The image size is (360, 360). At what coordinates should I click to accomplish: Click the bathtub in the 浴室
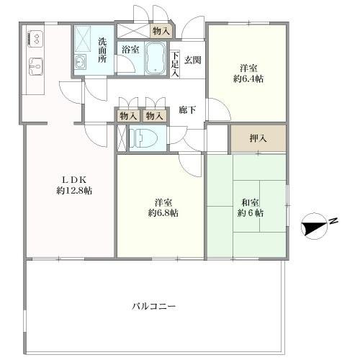[156, 58]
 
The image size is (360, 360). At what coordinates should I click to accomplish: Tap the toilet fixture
[143, 138]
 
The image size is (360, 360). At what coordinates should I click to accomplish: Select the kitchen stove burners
[35, 39]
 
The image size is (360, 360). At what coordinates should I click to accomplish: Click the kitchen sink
[36, 66]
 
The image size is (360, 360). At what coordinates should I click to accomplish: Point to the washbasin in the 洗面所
[80, 62]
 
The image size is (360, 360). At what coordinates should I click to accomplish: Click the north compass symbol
[314, 226]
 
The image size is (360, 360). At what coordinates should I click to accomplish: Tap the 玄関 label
[193, 60]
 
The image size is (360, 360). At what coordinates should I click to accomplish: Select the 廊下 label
[187, 110]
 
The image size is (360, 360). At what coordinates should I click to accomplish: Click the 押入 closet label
[258, 138]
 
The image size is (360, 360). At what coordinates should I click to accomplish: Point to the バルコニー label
[154, 307]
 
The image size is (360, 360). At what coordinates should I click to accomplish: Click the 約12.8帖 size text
[74, 191]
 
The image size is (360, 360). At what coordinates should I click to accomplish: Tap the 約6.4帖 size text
[248, 78]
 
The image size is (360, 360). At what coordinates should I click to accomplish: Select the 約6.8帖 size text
[163, 212]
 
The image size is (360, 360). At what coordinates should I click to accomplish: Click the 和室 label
[250, 202]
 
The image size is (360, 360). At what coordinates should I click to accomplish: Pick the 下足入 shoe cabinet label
[175, 64]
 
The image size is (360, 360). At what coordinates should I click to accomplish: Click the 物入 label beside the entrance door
[161, 31]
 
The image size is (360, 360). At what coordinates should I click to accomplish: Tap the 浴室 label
[130, 50]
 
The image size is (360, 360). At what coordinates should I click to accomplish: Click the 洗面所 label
[102, 50]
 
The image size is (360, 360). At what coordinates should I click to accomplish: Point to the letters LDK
[74, 180]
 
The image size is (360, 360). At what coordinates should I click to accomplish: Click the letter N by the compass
[333, 221]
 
